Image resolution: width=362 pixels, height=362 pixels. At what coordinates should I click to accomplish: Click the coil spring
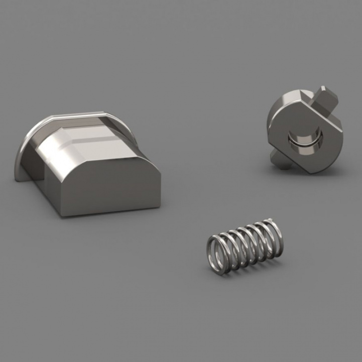coord(245,247)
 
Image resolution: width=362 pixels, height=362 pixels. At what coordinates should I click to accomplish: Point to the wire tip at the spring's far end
coord(272,221)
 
